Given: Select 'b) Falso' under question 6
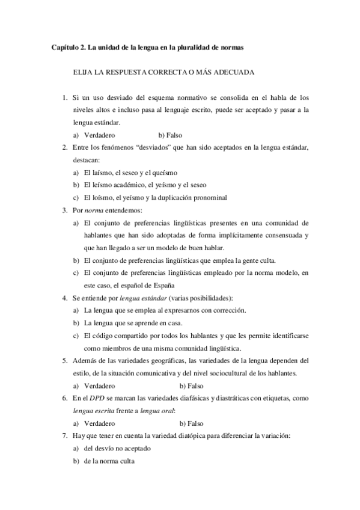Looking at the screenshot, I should coord(192,423).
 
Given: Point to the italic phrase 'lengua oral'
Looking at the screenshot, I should coord(157,410).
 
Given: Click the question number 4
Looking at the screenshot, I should coord(64,298).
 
